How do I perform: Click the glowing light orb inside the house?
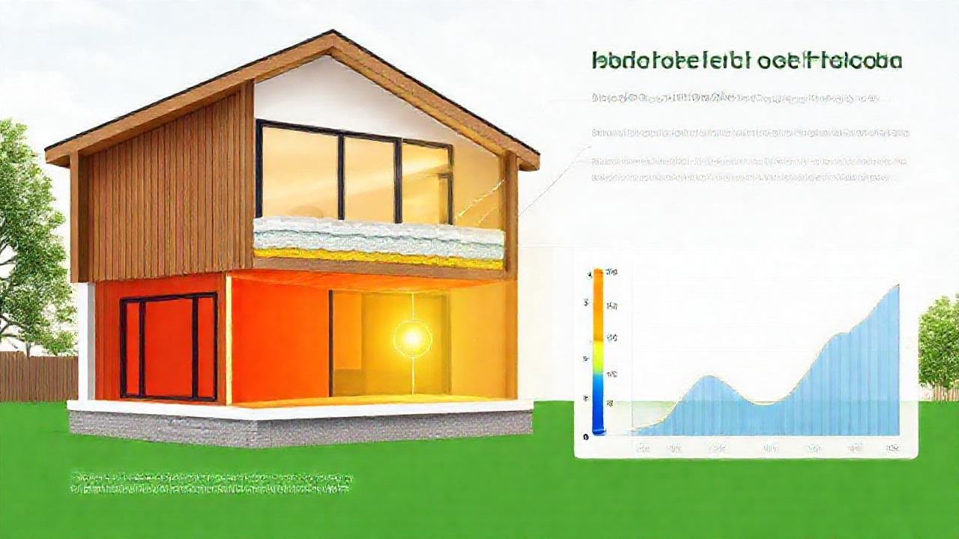[x=412, y=338]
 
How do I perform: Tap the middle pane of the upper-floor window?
[x=369, y=178]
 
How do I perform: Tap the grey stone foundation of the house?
[x=300, y=427]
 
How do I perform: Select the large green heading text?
[x=746, y=61]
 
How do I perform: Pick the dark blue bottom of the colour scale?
[x=598, y=419]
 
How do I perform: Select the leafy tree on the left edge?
[x=26, y=240]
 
